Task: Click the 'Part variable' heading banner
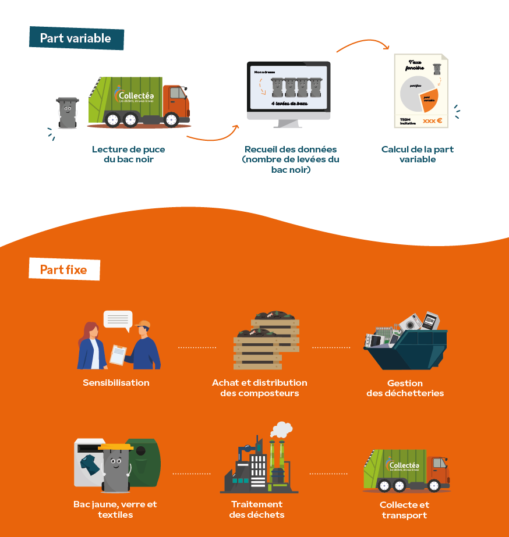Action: (76, 38)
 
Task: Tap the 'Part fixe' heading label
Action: (63, 270)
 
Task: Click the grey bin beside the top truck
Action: (68, 112)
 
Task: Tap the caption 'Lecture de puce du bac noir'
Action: (128, 154)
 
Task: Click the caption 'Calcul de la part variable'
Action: (417, 154)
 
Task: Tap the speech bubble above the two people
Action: (118, 319)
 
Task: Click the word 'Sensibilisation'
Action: (116, 383)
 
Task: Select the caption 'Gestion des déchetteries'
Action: (405, 388)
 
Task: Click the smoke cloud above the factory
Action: (281, 429)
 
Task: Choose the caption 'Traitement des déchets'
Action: (257, 509)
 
